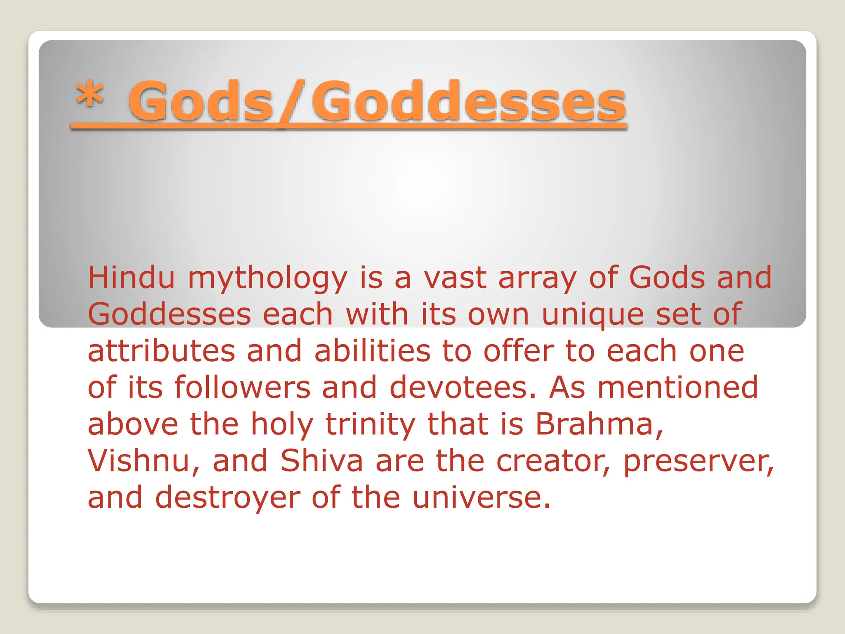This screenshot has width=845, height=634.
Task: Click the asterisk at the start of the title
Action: point(89,95)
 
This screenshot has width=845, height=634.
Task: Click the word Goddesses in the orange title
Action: point(469,102)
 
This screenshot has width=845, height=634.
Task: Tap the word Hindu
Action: point(131,277)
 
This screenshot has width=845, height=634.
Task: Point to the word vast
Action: point(455,278)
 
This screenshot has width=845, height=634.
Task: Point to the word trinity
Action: point(370,425)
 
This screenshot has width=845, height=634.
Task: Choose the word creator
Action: point(553,461)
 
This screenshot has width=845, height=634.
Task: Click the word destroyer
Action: point(228,498)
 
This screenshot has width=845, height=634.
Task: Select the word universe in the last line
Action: point(481,497)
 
